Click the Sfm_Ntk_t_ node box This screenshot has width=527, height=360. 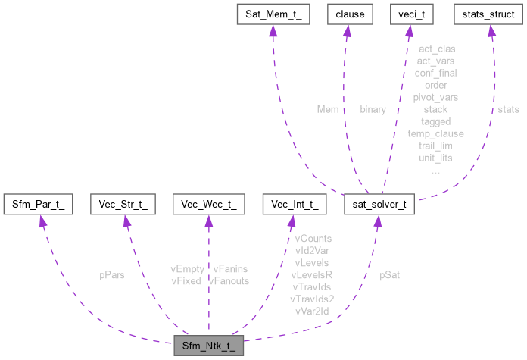click(208, 346)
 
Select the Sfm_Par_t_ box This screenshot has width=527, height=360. click(39, 204)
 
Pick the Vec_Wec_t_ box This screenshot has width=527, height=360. click(208, 204)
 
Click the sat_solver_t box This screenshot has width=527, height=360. click(379, 204)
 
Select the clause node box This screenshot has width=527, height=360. click(345, 14)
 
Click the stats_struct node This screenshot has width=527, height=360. click(490, 14)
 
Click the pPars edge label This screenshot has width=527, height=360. click(111, 275)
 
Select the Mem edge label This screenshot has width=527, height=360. click(327, 109)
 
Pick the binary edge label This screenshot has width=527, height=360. click(373, 109)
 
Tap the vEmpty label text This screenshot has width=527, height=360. click(187, 268)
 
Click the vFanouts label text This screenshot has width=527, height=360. click(229, 280)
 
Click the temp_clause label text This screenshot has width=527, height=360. click(435, 133)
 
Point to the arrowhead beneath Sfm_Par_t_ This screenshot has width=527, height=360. click(42, 221)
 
